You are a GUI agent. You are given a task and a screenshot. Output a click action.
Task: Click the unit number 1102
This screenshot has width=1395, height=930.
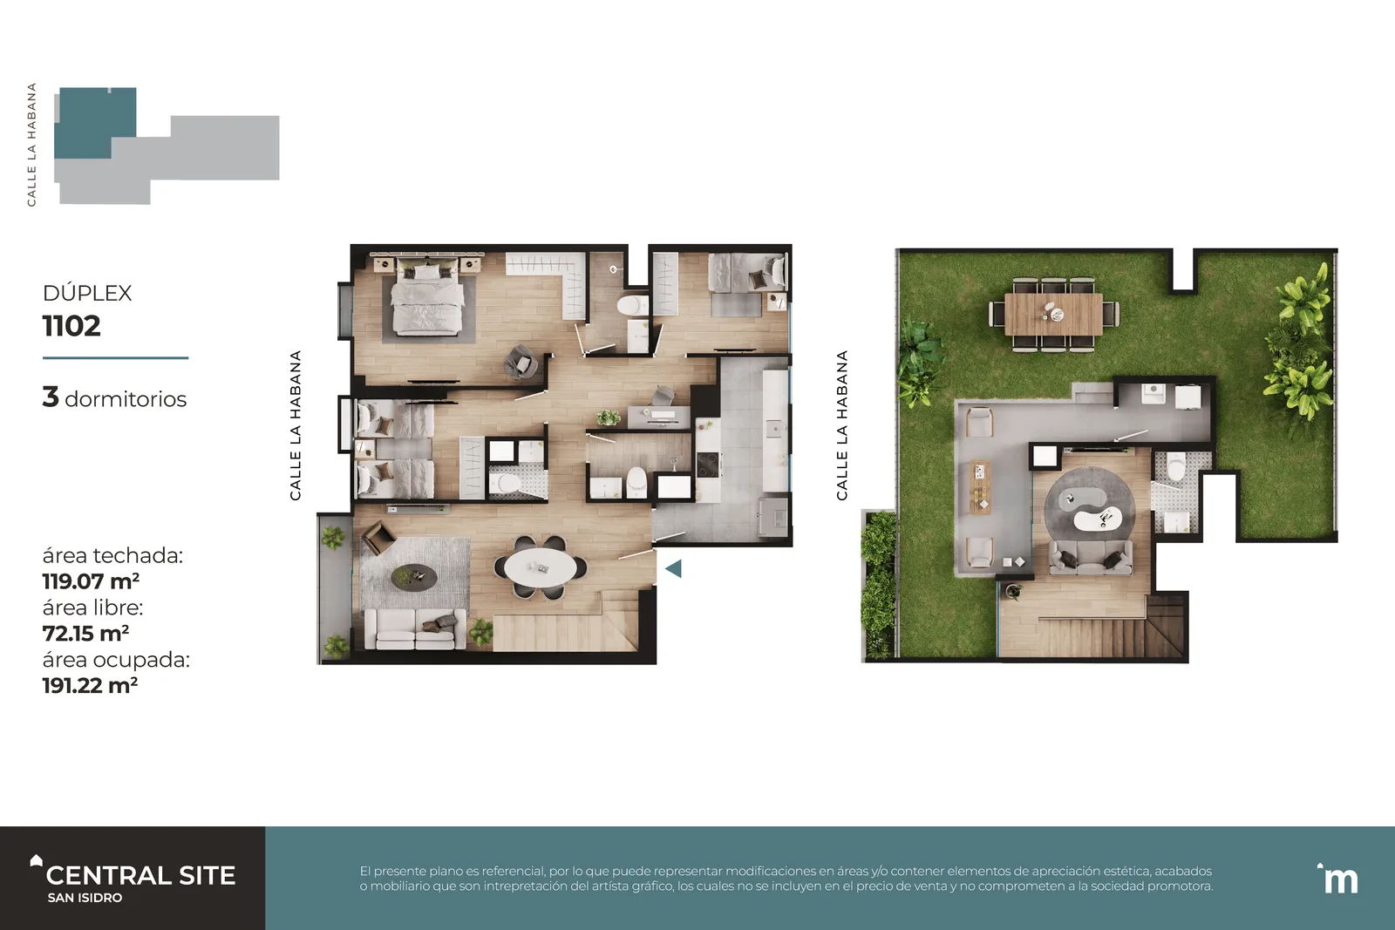click(71, 326)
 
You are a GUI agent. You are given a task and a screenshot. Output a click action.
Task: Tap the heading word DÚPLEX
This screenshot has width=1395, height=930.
click(87, 293)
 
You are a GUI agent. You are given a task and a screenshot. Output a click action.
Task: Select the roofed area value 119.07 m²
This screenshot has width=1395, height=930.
click(91, 581)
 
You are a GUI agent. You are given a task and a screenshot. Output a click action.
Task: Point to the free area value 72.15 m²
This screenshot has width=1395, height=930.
click(86, 633)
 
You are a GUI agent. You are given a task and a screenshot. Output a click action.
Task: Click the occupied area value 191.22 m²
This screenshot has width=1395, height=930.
click(91, 685)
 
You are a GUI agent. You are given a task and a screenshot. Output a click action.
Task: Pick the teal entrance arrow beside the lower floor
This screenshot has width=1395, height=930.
click(674, 568)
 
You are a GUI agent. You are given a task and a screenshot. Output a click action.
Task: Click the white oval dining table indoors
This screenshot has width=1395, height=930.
click(541, 567)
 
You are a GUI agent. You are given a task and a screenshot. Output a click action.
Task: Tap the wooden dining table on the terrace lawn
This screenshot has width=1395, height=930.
click(1054, 315)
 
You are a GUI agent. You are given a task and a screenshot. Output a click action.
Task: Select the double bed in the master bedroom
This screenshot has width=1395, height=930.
click(428, 299)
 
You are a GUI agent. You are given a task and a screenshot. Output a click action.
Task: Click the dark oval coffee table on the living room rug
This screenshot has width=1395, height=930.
click(414, 577)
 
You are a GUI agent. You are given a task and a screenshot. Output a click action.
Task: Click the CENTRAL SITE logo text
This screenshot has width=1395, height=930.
click(140, 875)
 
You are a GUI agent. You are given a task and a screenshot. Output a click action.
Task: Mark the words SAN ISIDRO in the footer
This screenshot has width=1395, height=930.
click(85, 898)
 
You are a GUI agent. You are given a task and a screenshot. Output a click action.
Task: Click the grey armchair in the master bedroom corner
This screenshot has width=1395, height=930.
click(521, 363)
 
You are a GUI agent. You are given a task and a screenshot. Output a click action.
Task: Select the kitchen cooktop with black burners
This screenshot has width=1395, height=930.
click(708, 465)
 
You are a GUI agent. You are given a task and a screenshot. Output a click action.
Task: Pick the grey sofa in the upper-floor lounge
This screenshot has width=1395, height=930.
click(1091, 557)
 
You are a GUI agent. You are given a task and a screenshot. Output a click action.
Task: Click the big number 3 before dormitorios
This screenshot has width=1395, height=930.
click(51, 397)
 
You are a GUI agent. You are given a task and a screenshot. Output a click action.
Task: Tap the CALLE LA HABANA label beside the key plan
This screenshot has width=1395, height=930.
click(31, 145)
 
